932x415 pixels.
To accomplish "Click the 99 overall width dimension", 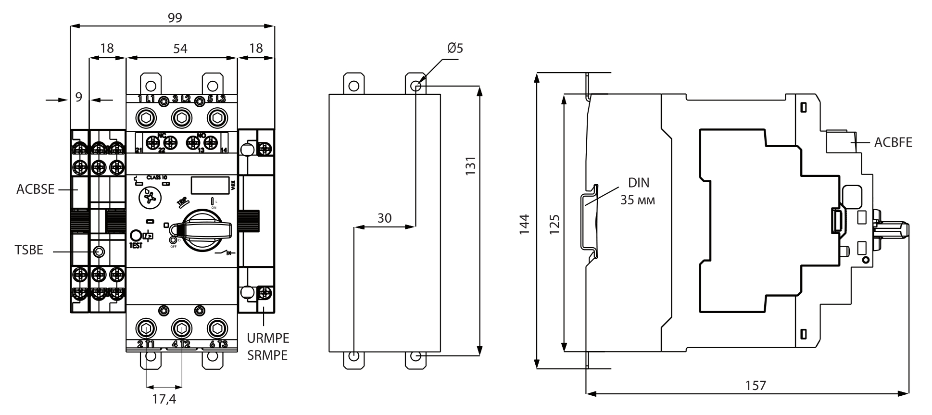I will (x=175, y=17).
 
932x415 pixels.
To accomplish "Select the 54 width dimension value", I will (x=180, y=48).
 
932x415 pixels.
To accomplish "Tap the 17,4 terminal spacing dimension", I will (x=164, y=399).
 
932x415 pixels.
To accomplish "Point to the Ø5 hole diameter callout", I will (x=455, y=48).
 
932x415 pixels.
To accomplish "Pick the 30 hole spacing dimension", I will (x=384, y=218).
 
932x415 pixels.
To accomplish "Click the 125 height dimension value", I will (x=554, y=225).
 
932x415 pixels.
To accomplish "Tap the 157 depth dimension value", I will (x=755, y=386).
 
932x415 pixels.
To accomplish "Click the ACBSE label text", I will (x=35, y=189).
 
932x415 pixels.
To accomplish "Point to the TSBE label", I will (x=29, y=250).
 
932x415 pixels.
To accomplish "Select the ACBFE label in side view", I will (x=893, y=142).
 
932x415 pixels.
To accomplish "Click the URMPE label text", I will (x=268, y=339).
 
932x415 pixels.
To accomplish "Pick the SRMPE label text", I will (x=267, y=355).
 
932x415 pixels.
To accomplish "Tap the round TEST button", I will (x=135, y=236).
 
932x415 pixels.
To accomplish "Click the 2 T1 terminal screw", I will (x=146, y=328).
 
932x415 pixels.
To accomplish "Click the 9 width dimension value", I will (x=79, y=97).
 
